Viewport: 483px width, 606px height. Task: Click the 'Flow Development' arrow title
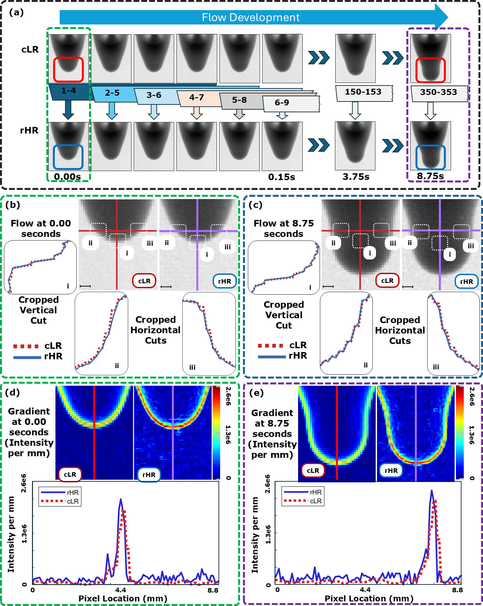(250, 17)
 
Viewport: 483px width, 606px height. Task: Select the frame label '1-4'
(68, 90)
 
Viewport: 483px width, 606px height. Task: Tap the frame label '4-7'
(196, 97)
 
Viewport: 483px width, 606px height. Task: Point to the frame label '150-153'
(363, 92)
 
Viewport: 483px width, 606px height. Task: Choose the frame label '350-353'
(438, 92)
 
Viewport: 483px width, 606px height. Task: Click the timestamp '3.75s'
(356, 177)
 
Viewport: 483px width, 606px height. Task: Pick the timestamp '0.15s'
(281, 177)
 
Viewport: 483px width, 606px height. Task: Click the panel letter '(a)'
(16, 12)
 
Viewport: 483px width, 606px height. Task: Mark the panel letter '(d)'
(12, 392)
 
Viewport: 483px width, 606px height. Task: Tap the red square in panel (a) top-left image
(68, 70)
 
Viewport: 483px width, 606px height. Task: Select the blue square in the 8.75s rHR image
(430, 158)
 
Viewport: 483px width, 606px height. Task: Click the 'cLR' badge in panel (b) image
(144, 281)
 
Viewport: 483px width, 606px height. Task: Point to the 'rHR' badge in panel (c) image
(466, 282)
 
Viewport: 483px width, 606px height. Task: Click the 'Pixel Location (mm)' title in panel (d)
(123, 598)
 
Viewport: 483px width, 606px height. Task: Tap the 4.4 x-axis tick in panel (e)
(365, 590)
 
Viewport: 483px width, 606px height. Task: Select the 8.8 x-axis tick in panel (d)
(213, 590)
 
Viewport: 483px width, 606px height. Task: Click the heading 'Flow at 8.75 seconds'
(283, 228)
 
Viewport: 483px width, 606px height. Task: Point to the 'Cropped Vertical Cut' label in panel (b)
(38, 310)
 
